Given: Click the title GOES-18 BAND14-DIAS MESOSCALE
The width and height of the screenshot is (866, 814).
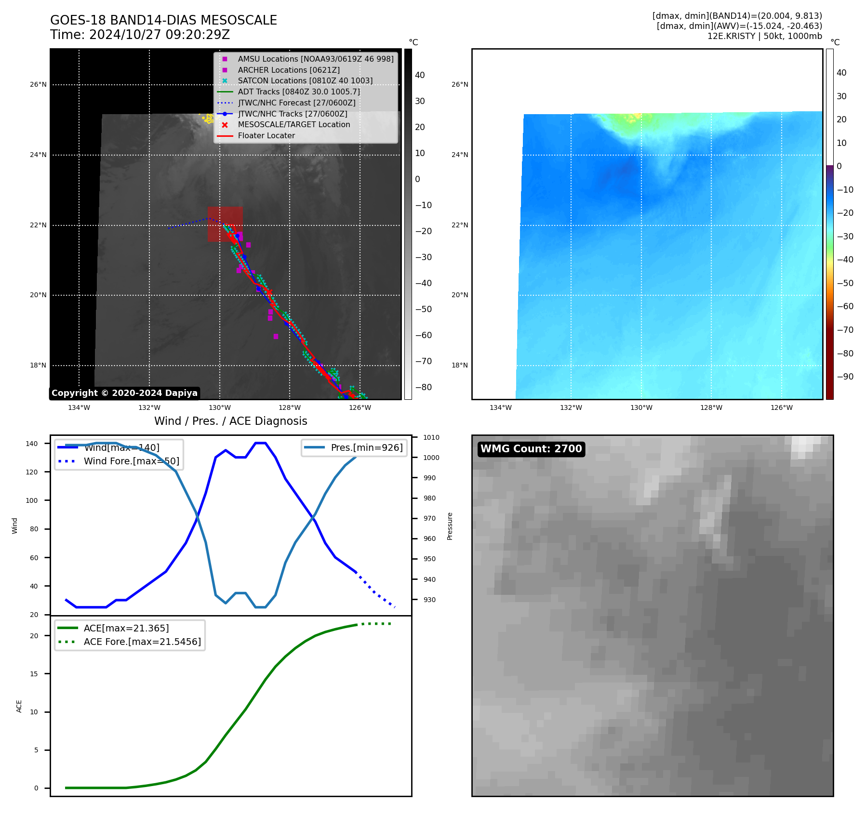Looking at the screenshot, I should (x=163, y=20).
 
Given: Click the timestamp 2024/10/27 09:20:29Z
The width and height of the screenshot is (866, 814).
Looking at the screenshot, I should (x=160, y=35).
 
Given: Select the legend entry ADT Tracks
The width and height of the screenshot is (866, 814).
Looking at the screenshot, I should (x=298, y=92).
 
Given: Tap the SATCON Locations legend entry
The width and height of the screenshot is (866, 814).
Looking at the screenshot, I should (x=305, y=80).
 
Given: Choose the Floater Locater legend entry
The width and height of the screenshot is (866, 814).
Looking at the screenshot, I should (x=266, y=135).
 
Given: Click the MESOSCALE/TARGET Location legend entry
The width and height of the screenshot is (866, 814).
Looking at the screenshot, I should (x=293, y=124).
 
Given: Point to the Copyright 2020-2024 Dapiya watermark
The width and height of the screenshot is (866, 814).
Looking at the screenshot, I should (x=124, y=393).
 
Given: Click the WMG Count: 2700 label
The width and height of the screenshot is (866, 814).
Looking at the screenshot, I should (x=531, y=449).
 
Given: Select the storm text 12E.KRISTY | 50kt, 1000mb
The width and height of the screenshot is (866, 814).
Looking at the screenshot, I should (x=764, y=36).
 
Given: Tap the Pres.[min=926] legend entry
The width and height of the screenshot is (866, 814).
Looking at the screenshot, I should (x=366, y=447).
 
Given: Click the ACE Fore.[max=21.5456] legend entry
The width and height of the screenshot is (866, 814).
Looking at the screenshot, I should (x=142, y=642).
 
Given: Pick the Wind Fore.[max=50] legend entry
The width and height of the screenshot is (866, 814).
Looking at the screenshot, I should (x=131, y=461).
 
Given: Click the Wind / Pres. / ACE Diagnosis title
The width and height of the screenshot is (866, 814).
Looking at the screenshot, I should (x=230, y=421).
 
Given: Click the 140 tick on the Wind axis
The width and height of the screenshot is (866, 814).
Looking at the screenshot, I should (x=32, y=444).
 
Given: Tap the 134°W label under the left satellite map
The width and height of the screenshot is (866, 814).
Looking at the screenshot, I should (x=79, y=407).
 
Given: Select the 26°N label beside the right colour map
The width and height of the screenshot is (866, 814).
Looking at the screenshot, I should (x=460, y=85).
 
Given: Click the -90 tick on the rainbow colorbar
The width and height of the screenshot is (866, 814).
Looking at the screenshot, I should (x=845, y=377).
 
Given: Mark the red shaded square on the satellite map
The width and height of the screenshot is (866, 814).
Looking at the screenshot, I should (x=225, y=224).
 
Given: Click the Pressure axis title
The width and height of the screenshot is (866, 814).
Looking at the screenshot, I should (x=450, y=526).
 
